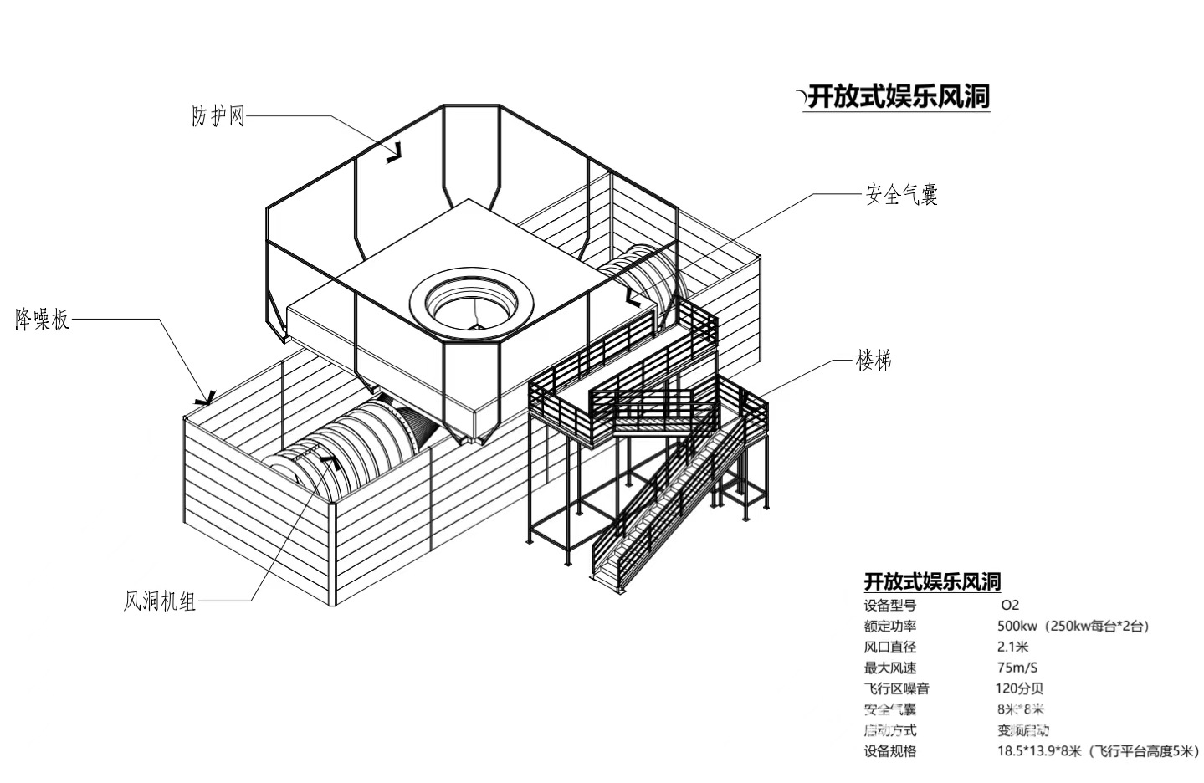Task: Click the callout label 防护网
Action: pos(218,116)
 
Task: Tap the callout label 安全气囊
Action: pos(901,195)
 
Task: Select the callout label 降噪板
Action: pos(43,319)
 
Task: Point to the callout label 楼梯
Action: pos(873,361)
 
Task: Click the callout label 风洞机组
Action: pos(160,601)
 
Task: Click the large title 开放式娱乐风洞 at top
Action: pos(899,97)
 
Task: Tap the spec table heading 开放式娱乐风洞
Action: pos(932,581)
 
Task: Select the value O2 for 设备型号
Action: pos(1010,605)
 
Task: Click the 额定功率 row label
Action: pos(889,626)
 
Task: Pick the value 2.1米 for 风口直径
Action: pos(1012,647)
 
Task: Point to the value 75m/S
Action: pos(1017,668)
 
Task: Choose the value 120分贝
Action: pos(1019,688)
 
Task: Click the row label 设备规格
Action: pos(889,751)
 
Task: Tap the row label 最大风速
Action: pos(889,668)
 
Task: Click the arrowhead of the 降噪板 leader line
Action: pos(206,397)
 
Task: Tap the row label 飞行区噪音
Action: pos(896,688)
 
